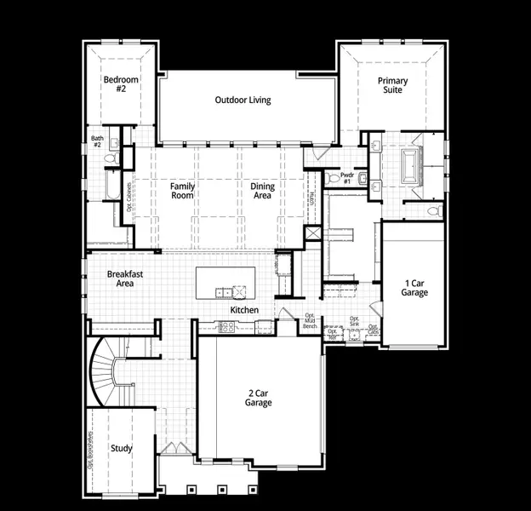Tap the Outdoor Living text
pos(243,100)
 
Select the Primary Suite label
pos(393,85)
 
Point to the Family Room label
pos(182,191)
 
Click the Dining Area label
pos(261,191)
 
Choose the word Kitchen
pos(245,310)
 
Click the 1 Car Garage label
pos(414,288)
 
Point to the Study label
pos(122,448)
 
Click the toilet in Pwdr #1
pos(331,179)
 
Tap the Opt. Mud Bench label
pos(311,321)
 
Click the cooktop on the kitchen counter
pos(227,326)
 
